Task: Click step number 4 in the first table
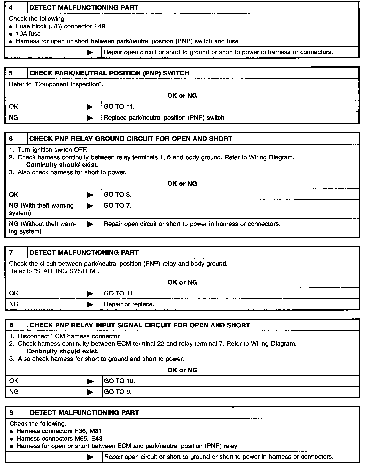pos(11,8)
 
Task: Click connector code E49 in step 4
pos(100,26)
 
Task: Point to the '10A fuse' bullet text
pos(28,34)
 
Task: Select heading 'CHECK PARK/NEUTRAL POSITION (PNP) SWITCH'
pos(109,73)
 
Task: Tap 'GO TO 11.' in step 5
pos(119,107)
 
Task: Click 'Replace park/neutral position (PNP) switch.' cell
pos(164,118)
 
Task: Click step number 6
pos(11,139)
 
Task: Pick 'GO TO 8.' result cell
pos(117,195)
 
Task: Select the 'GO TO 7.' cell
pos(117,206)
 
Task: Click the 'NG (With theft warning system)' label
pos(41,209)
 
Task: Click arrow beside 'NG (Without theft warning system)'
pos(90,224)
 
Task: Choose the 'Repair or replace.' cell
pos(129,304)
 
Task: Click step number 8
pos(11,325)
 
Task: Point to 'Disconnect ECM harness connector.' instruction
pos(69,336)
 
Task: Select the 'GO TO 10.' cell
pos(119,381)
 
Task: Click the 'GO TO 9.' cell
pos(118,392)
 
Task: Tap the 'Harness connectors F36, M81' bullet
pos(59,431)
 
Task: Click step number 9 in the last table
pos(11,413)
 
